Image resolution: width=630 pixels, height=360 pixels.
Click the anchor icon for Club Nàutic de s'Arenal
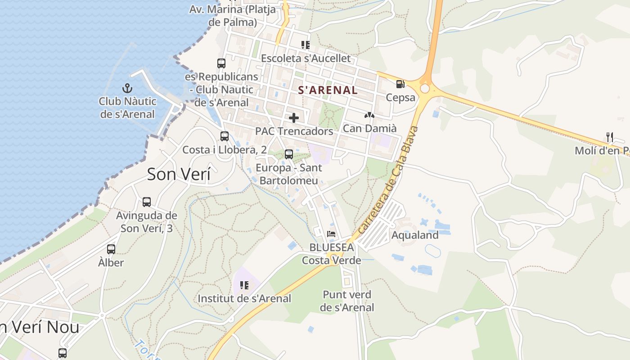pos(127,88)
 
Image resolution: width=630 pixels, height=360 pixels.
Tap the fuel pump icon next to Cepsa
pos(400,84)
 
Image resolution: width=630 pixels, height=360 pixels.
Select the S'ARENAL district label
pos(328,90)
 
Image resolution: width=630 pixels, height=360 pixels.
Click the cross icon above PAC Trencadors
pos(294,118)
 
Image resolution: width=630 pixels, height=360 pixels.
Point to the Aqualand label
pos(415,235)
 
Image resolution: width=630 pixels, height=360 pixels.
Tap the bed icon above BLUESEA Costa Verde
pos(331,234)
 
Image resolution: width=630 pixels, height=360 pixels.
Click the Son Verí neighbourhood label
pos(179,174)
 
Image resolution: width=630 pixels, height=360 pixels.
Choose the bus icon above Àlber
pos(111,249)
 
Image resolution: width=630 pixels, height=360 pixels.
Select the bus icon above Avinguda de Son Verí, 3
pos(147,202)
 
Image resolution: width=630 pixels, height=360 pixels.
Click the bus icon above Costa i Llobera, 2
pos(224,136)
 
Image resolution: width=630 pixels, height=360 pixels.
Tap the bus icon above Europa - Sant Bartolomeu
pos(289,154)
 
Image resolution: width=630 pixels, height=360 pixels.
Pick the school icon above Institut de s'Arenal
pos(244,285)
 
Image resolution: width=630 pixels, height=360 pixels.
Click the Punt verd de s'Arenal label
pos(347,301)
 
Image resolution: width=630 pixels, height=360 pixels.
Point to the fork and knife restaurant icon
pos(610,137)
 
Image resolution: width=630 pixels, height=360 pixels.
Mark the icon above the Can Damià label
pos(369,115)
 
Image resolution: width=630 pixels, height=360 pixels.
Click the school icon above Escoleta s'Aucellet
pos(306,45)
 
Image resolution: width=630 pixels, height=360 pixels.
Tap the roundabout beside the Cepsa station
pos(424,88)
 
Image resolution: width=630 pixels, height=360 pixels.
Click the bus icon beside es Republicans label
pos(221,63)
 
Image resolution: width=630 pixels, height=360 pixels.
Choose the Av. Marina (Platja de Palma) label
pos(232,15)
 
